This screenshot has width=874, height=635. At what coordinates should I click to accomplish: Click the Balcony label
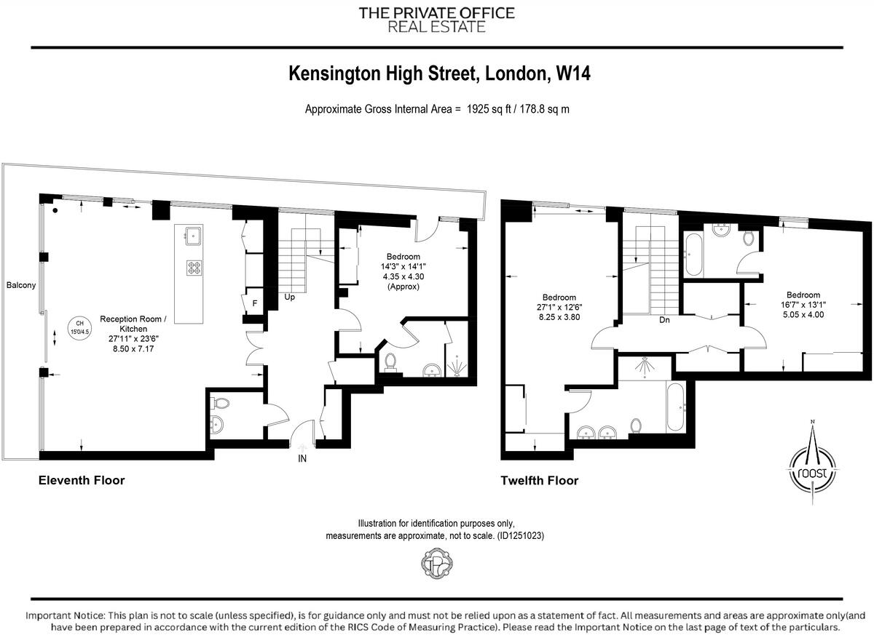20,285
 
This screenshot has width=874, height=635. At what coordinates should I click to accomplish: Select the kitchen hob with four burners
194,267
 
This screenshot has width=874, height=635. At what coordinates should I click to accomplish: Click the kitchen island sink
194,234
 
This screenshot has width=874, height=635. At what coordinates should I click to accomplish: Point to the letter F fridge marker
254,303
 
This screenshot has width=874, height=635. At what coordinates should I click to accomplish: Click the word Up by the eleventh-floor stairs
289,297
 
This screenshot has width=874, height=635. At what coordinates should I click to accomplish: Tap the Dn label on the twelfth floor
664,319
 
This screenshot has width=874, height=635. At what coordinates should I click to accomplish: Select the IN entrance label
302,458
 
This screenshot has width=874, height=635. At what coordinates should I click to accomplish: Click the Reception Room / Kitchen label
133,324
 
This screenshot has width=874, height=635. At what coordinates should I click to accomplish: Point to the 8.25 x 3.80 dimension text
559,317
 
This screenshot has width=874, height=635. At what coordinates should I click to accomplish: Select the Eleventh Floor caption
82,480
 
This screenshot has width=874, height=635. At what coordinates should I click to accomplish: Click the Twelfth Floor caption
539,480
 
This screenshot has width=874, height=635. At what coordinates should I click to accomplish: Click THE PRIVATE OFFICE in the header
436,13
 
